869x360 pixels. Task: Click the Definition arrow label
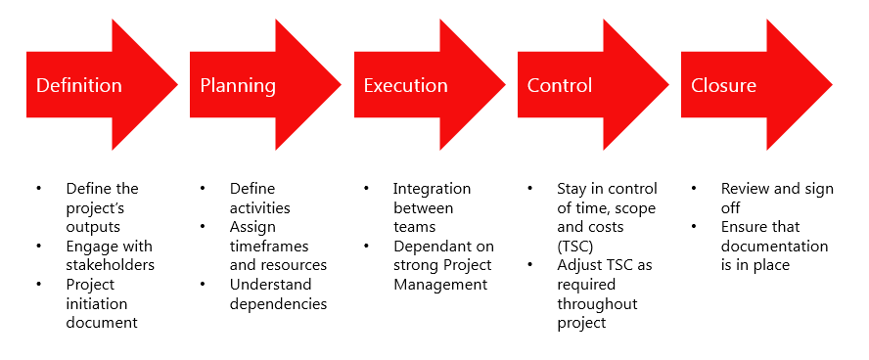point(79,86)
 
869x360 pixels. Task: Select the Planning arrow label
point(238,86)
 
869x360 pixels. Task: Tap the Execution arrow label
point(405,86)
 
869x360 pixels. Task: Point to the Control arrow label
point(560,86)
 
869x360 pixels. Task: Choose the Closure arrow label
point(723,86)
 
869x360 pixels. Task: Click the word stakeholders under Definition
point(111,265)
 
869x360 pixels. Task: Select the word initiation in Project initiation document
point(94,303)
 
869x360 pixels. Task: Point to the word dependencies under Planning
point(278,303)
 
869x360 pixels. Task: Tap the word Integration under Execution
point(432,189)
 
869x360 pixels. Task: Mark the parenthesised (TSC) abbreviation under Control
point(576,246)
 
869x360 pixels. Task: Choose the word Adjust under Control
point(578,265)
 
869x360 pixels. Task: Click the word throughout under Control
point(597,303)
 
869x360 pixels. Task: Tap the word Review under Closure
point(745,189)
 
